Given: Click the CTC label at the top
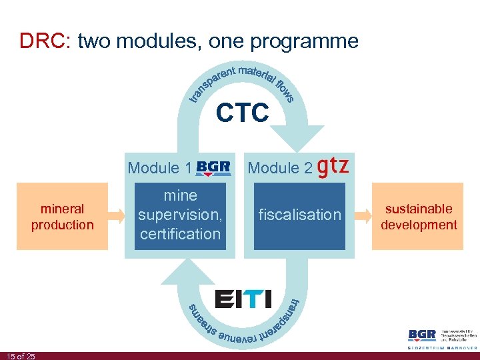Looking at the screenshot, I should (242, 113).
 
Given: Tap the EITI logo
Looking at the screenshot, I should (243, 298).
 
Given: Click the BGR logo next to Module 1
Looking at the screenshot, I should (213, 167).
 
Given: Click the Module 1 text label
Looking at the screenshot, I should (158, 168).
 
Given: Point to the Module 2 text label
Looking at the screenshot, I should (279, 168).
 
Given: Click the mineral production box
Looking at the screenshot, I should (62, 216).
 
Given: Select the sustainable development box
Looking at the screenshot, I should (418, 216).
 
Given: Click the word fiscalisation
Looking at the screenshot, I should (299, 215).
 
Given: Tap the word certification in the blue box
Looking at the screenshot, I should (180, 234).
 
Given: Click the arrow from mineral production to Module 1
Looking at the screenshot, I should (117, 215).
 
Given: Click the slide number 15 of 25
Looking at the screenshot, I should (21, 356).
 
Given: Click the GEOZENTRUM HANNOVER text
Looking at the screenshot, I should (441, 347).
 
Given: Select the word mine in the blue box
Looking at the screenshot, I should (180, 195).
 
